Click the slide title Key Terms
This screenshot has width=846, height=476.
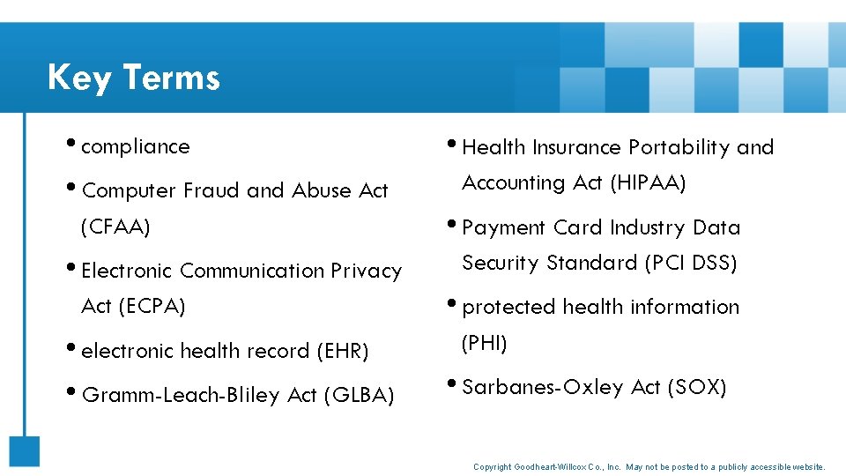pos(133,78)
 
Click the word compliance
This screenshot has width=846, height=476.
pos(135,146)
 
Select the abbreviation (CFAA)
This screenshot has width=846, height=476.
pos(115,227)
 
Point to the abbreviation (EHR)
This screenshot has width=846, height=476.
pos(342,351)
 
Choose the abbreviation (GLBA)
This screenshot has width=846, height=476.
pos(359,395)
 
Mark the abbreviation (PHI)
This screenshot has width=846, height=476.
pos(485,343)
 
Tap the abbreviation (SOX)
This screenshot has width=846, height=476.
pos(697,387)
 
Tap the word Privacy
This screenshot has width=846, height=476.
pos(366,271)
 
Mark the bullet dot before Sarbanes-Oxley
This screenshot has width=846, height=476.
pos(453,385)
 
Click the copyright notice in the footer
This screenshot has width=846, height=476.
pos(649,466)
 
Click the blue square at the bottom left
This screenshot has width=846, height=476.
pos(25,451)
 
